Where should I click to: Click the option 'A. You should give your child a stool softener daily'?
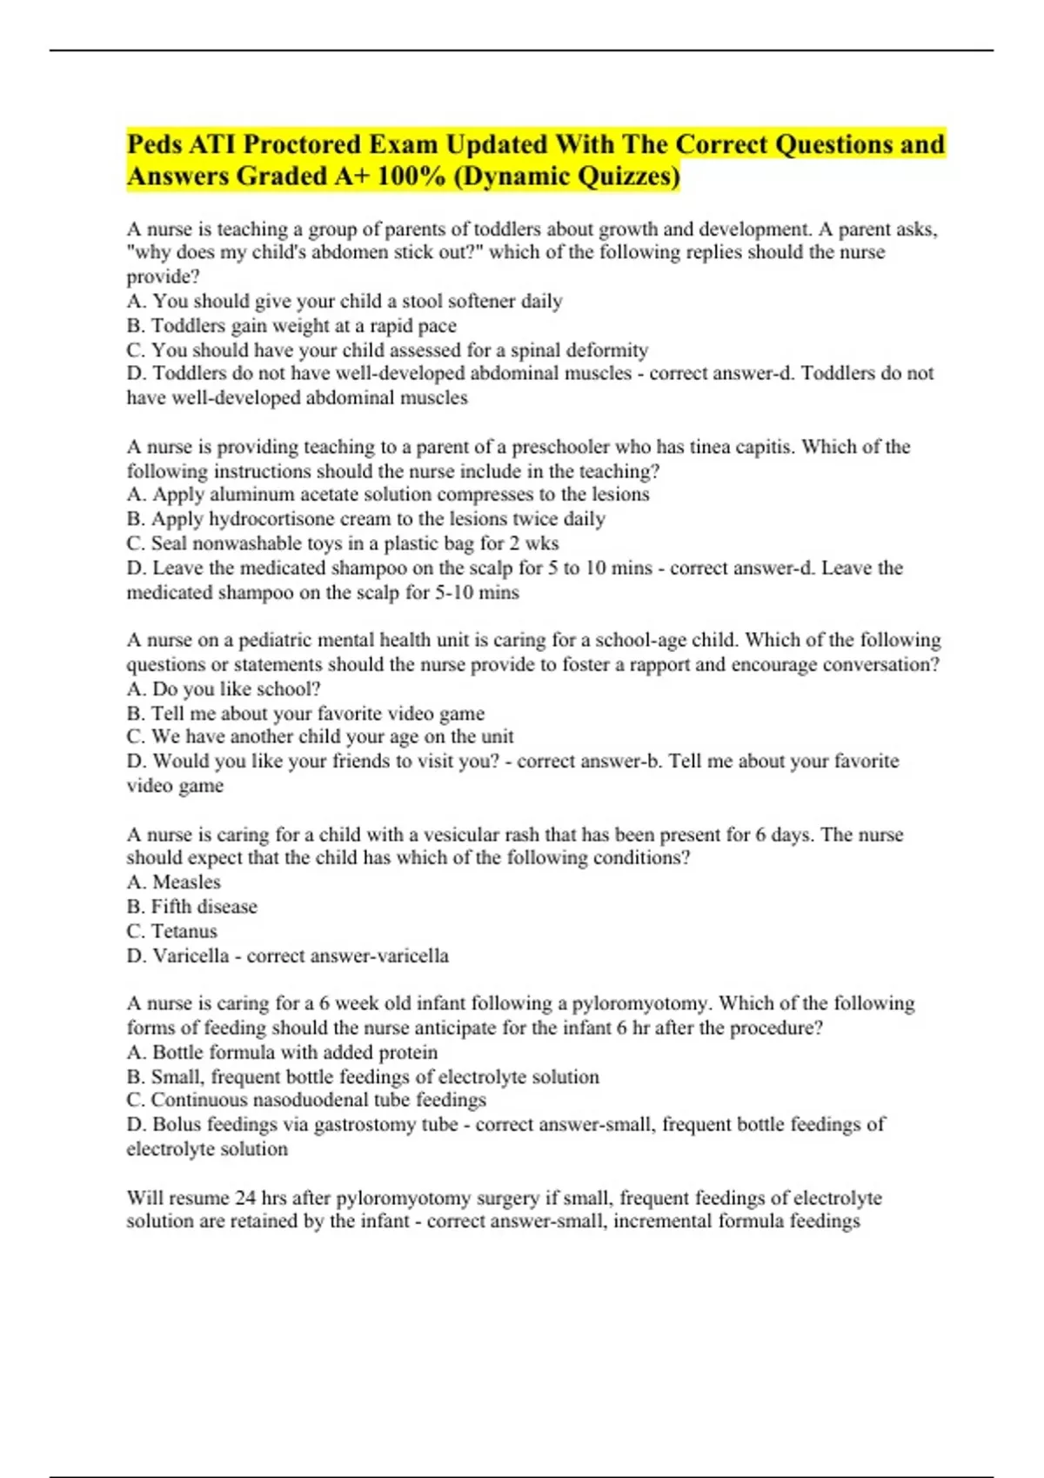(x=345, y=302)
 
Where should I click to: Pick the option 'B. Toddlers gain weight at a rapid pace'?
(x=291, y=326)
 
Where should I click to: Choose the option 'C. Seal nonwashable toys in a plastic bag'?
(x=343, y=543)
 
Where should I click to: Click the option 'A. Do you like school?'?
(x=224, y=689)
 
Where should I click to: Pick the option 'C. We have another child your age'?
(x=320, y=737)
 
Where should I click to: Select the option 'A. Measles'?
(x=174, y=882)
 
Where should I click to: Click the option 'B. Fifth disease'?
(x=192, y=907)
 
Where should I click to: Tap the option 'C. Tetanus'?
(x=172, y=931)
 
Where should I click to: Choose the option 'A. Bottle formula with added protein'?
(x=282, y=1053)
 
